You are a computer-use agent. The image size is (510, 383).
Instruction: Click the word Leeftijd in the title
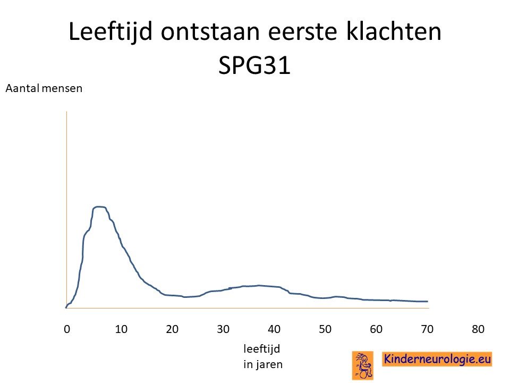pyautogui.click(x=110, y=32)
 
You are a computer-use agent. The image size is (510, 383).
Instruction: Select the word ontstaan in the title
pyautogui.click(x=210, y=32)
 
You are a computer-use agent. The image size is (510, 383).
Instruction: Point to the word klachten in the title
pyautogui.click(x=394, y=31)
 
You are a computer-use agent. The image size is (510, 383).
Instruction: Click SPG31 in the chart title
pyautogui.click(x=254, y=65)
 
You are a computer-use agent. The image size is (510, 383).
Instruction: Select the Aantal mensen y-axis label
pyautogui.click(x=44, y=89)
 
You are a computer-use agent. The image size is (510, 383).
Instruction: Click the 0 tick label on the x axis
pyautogui.click(x=67, y=329)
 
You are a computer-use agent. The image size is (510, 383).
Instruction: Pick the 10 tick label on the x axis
pyautogui.click(x=121, y=329)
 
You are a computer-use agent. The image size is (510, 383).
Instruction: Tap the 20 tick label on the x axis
pyautogui.click(x=172, y=329)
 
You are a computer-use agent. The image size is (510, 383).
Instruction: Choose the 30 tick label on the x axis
pyautogui.click(x=223, y=329)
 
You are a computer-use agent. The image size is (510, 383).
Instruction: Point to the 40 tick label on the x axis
pyautogui.click(x=274, y=329)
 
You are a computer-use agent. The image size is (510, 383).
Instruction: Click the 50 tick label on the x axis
pyautogui.click(x=325, y=329)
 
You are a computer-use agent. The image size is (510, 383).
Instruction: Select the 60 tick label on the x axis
pyautogui.click(x=376, y=329)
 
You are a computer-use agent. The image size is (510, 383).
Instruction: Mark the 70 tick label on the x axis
pyautogui.click(x=427, y=329)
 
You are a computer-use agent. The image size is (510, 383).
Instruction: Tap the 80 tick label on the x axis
pyautogui.click(x=478, y=329)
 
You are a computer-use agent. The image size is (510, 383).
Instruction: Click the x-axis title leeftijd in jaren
pyautogui.click(x=263, y=356)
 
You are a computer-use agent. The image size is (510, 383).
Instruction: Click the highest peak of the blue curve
pyautogui.click(x=99, y=207)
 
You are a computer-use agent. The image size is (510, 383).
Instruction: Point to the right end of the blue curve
pyautogui.click(x=428, y=301)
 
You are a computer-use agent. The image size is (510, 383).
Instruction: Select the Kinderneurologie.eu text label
pyautogui.click(x=437, y=359)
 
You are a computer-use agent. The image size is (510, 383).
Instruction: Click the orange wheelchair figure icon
pyautogui.click(x=363, y=366)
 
